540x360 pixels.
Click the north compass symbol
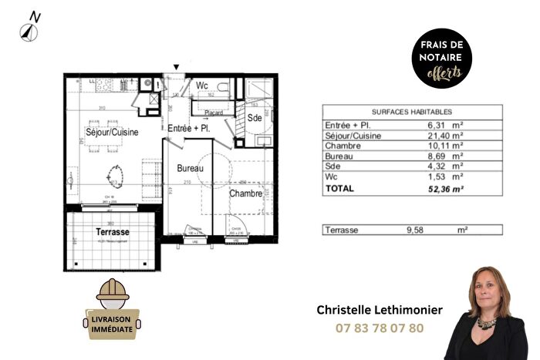click(x=29, y=26)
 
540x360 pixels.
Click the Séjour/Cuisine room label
click(x=112, y=133)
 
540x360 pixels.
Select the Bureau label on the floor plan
click(x=190, y=168)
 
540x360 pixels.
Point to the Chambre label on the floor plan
click(x=245, y=193)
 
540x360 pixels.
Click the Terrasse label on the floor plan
click(x=112, y=231)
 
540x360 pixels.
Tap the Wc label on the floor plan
click(x=202, y=86)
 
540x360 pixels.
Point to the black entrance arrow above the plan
click(x=177, y=68)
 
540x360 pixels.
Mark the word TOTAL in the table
click(x=339, y=187)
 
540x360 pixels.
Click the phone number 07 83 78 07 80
click(x=380, y=328)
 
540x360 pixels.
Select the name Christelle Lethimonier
click(x=380, y=309)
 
